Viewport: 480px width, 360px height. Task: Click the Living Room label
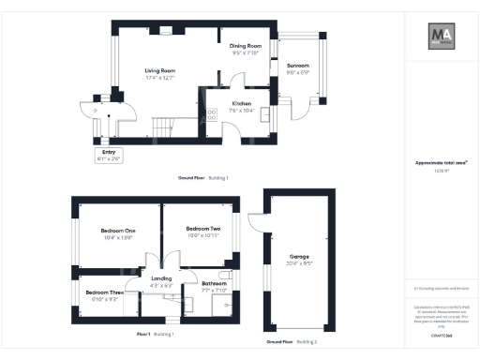coord(159,70)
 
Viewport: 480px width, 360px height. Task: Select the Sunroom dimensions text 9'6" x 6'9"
coord(297,72)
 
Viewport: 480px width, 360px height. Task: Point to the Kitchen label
coord(241,103)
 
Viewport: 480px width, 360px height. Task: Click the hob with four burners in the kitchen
coord(211,113)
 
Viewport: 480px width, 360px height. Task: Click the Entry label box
coord(109,157)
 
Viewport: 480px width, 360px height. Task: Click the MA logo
coord(442,37)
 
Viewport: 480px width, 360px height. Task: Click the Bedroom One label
coord(118,231)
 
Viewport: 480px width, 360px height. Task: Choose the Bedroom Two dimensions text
coord(202,235)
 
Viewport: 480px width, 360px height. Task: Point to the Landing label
coord(161,279)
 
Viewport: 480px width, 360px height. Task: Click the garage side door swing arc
coord(254,221)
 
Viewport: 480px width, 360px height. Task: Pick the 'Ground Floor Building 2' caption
coord(292,342)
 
